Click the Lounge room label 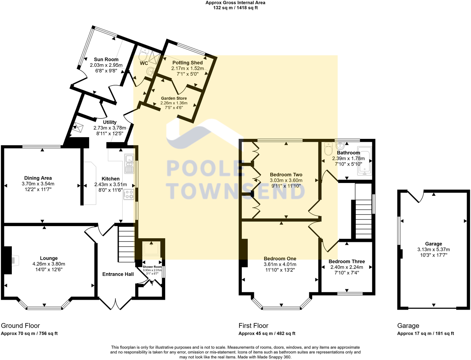point(49,258)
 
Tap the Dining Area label point(38,178)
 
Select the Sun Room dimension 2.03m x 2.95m point(106,65)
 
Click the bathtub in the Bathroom point(364,161)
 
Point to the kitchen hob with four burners point(129,195)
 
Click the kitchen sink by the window point(129,164)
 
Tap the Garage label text point(433,244)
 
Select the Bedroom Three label point(347,262)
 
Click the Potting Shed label point(187,63)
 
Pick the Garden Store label point(174,98)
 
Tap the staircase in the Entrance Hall point(126,245)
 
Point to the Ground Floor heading point(20,326)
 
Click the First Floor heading point(253,326)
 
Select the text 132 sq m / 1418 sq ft point(235,8)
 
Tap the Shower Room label point(152,267)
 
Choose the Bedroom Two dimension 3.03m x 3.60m point(286,180)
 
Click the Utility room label point(110,122)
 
